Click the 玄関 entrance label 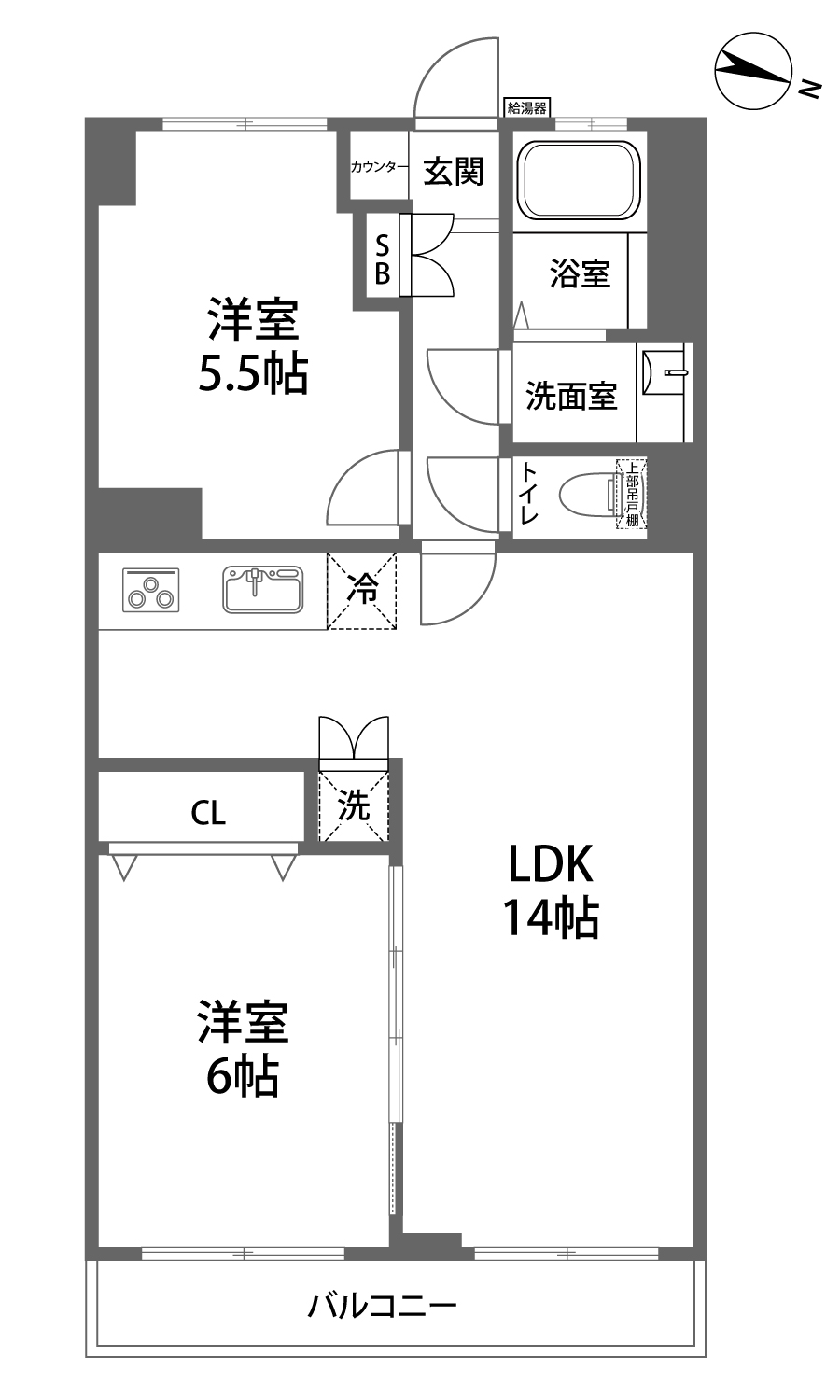[454, 171]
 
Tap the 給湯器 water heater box [527, 107]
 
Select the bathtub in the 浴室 [580, 181]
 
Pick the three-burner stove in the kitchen [150, 589]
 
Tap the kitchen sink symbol [263, 589]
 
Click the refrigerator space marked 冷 [362, 591]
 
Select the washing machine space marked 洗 [354, 806]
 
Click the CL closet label [207, 813]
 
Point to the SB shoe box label [383, 260]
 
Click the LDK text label [550, 863]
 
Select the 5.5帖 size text [253, 373]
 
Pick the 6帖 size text [243, 1076]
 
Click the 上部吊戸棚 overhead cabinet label [632, 493]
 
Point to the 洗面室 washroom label [571, 397]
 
